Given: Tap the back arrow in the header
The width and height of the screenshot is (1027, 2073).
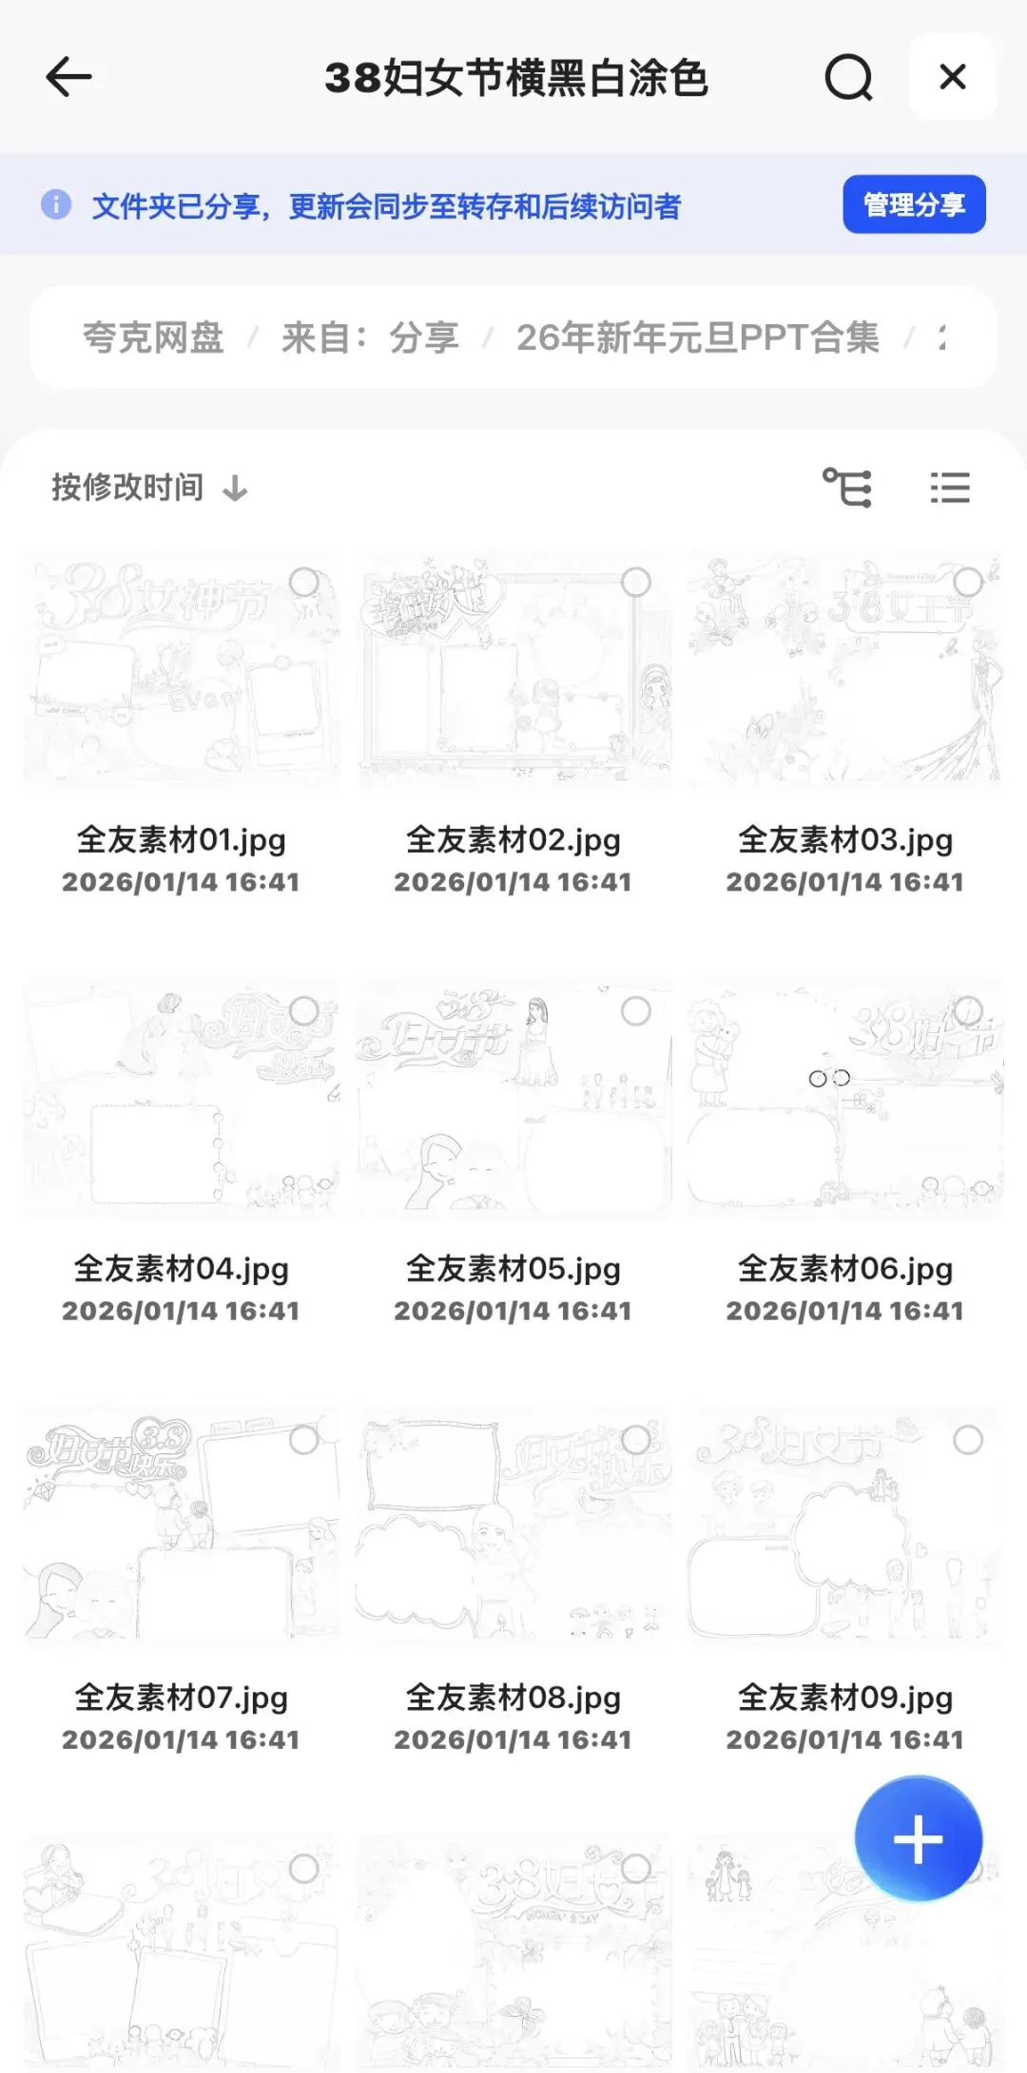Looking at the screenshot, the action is pos(68,77).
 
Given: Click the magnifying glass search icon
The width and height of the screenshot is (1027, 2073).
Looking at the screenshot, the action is pos(848,77).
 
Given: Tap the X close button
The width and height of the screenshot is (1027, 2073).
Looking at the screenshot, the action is pos(952,77).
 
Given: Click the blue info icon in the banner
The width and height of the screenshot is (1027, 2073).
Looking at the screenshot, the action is pos(56,204).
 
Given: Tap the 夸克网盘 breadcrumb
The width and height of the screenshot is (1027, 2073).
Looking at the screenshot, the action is pos(153,337).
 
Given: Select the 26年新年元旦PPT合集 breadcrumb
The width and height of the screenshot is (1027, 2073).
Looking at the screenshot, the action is pos(697,337).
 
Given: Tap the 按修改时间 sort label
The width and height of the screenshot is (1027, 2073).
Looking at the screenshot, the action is pos(127,488).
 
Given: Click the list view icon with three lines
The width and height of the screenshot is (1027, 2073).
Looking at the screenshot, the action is pos(949,488).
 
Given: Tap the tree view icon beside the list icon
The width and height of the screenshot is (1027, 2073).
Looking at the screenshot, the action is pos(847,488).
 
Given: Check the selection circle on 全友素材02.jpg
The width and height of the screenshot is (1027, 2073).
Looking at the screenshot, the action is pos(635,582).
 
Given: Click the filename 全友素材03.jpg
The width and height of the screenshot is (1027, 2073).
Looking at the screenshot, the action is pos(844,839).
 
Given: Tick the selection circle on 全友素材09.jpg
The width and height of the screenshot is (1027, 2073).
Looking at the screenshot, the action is pos(968,1440).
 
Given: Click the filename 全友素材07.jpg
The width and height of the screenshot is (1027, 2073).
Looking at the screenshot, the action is pos(181,1697).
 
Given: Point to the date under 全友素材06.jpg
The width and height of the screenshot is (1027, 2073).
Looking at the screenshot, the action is pos(844,1311).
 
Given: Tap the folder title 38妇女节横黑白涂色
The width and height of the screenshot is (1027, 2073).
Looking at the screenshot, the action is pos(516,78).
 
